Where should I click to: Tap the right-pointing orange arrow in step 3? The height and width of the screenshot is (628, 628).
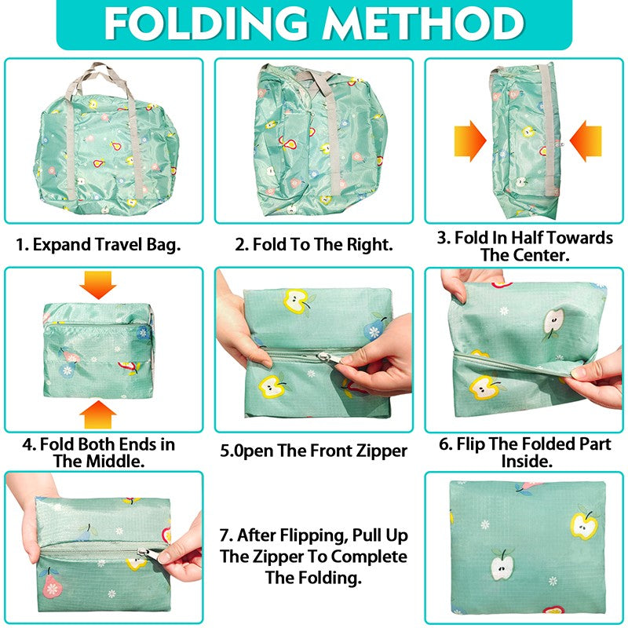pos(470,141)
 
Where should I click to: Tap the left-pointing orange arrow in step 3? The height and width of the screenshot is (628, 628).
pos(586,141)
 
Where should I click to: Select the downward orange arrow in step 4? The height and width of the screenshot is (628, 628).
pos(98,285)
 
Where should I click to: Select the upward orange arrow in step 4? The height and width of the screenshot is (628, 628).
pos(98,414)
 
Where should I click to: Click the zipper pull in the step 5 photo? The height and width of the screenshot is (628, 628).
pos(324,356)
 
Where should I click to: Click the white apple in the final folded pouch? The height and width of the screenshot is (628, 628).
pos(502,564)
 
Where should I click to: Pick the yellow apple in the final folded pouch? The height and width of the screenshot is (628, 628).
pos(584,524)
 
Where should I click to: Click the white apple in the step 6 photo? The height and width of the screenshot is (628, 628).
pos(553,323)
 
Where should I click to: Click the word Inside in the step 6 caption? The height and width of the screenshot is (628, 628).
pos(527,462)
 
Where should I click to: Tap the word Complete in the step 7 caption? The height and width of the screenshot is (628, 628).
pos(369,557)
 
